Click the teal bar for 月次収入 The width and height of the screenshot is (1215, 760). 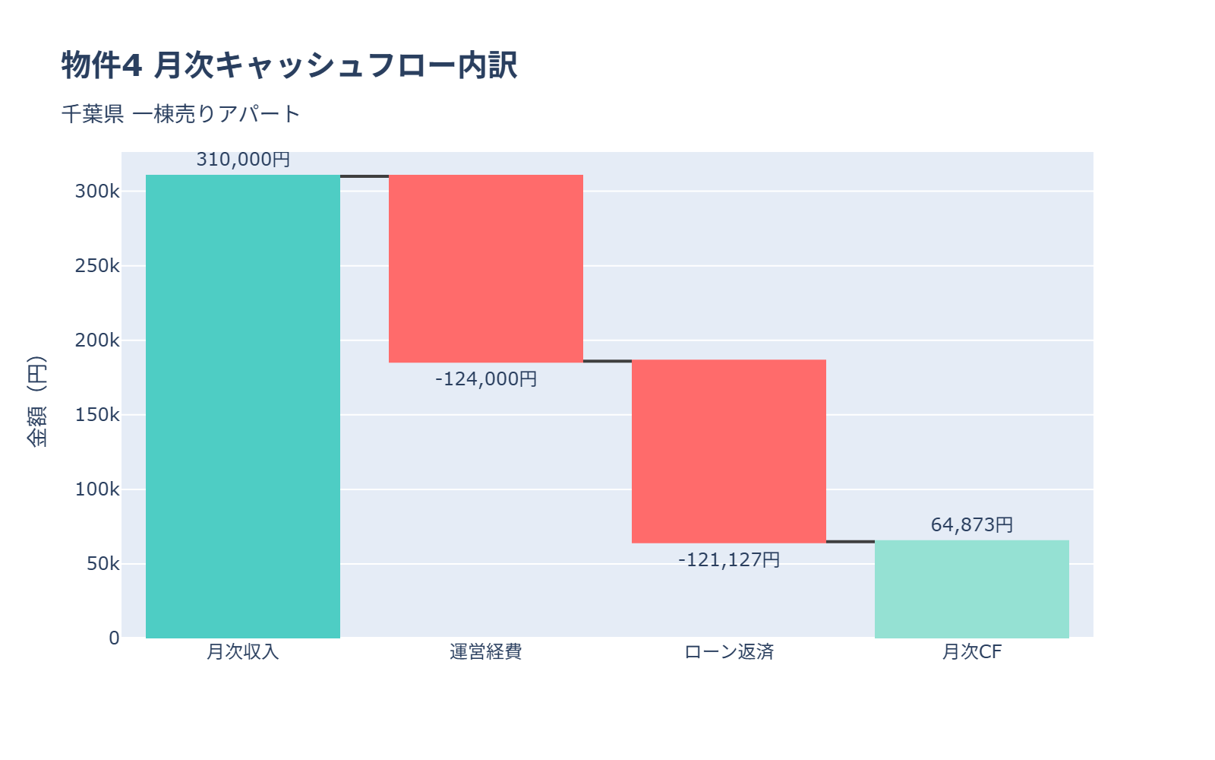pos(243,407)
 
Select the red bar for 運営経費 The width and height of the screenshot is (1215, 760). pos(486,268)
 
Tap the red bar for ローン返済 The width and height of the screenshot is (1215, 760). pos(729,451)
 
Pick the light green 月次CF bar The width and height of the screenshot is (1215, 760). pos(972,589)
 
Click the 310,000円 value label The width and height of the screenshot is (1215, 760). pos(243,160)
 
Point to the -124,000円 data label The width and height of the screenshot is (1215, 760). pos(486,378)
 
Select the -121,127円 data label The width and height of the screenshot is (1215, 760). pos(729,560)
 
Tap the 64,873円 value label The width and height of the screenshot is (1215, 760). pos(972,525)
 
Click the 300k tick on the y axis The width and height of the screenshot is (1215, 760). pos(97,192)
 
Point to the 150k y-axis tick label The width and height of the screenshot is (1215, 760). pos(97,415)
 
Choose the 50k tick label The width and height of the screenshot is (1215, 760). pos(103,564)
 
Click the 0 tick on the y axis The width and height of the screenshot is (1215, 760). pos(114,638)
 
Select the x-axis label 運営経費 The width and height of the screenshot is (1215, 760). pos(486,652)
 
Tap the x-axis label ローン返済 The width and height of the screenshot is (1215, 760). pos(729,652)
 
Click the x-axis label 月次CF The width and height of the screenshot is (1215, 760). pos(972,652)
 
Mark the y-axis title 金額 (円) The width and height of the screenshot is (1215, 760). pos(36,401)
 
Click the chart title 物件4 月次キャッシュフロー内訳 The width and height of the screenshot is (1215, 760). pos(289,65)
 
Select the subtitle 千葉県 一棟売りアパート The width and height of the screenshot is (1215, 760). pos(181,114)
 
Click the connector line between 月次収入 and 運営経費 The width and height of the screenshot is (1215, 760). pos(364,176)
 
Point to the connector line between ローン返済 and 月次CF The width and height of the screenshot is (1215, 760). pos(850,542)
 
